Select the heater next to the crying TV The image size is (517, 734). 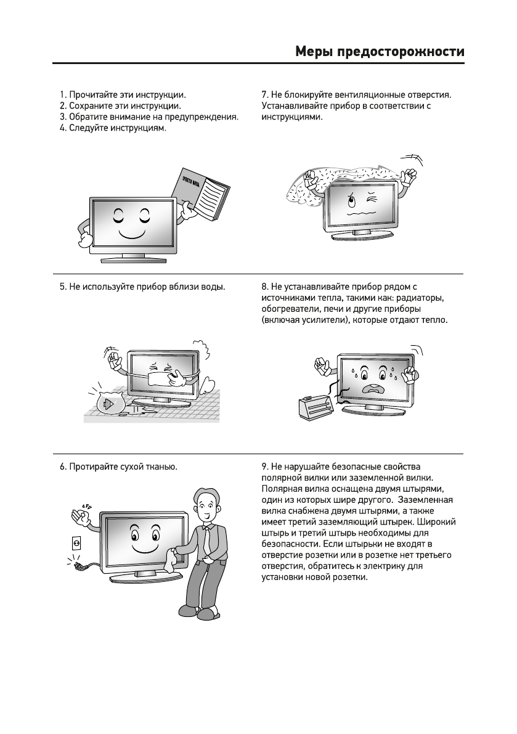pyautogui.click(x=316, y=406)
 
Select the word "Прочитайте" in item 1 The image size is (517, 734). pyautogui.click(x=92, y=96)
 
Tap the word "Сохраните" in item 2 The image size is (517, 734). pyautogui.click(x=91, y=106)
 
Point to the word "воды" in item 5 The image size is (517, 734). pyautogui.click(x=213, y=287)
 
